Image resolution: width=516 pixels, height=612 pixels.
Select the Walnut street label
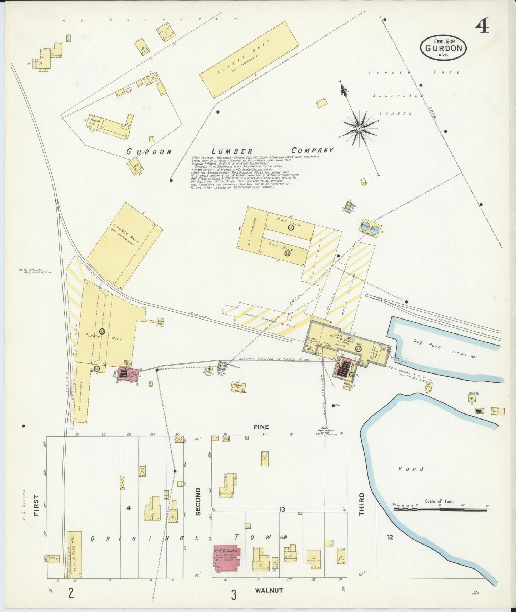tap(269, 590)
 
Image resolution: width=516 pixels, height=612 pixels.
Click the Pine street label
tap(261, 427)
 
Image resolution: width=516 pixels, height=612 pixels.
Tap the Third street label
tap(361, 504)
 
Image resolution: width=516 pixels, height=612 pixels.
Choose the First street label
tap(36, 505)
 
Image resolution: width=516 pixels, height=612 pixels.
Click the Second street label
tap(199, 501)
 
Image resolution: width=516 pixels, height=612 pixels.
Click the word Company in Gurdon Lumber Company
tap(312, 150)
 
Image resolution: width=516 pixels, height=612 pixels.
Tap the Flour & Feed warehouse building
tap(75, 553)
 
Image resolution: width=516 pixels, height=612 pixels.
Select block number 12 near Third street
tap(390, 537)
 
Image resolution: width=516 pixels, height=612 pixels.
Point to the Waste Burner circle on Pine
tap(324, 432)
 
